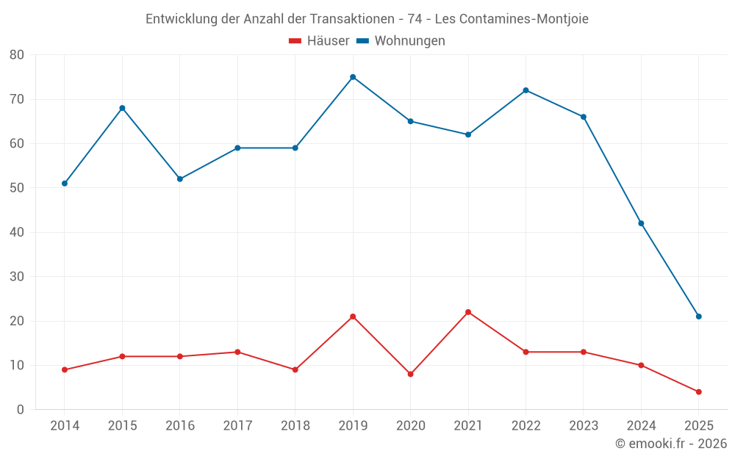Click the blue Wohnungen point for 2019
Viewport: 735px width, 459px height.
coord(353,77)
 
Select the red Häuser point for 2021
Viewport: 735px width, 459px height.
coord(468,312)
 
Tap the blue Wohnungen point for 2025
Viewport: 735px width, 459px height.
coord(699,317)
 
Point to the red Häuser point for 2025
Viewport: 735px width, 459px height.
coord(699,392)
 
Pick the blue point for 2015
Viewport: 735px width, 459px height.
coord(122,108)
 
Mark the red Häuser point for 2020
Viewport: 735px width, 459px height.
coord(410,375)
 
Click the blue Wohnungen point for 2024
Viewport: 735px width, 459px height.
coord(641,223)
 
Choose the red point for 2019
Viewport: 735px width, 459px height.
coord(353,317)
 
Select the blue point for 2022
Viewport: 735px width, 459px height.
coord(526,90)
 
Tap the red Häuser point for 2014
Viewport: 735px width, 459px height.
coord(65,370)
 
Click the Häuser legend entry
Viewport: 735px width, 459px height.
coord(319,41)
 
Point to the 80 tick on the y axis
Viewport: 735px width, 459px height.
coord(17,55)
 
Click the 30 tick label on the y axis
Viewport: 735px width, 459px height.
coord(17,277)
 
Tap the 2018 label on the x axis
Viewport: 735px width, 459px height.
coord(295,426)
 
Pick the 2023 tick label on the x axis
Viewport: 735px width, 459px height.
coord(584,426)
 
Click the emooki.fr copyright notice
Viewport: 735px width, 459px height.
coord(671,444)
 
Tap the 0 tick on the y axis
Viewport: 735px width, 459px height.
coord(21,410)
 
